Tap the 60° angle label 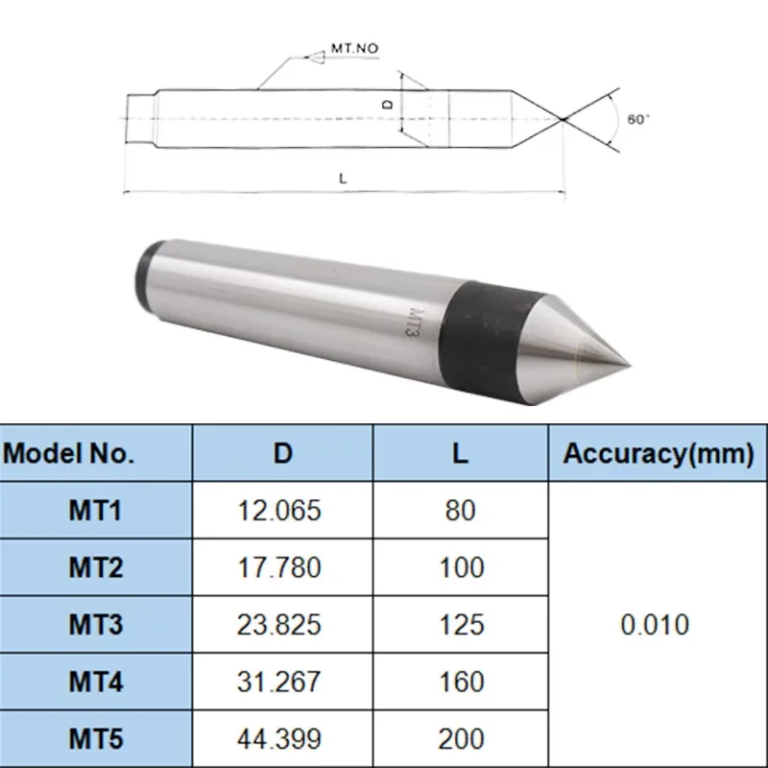638,120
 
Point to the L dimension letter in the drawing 343,179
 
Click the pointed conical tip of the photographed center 586,347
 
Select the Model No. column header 95,453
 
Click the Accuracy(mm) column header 658,453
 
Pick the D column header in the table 282,453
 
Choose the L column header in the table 461,453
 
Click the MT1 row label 95,510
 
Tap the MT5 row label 95,739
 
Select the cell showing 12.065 279,510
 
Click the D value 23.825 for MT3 279,625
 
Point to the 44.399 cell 279,739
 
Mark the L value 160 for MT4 461,683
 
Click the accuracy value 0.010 656,625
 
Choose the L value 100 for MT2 461,567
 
